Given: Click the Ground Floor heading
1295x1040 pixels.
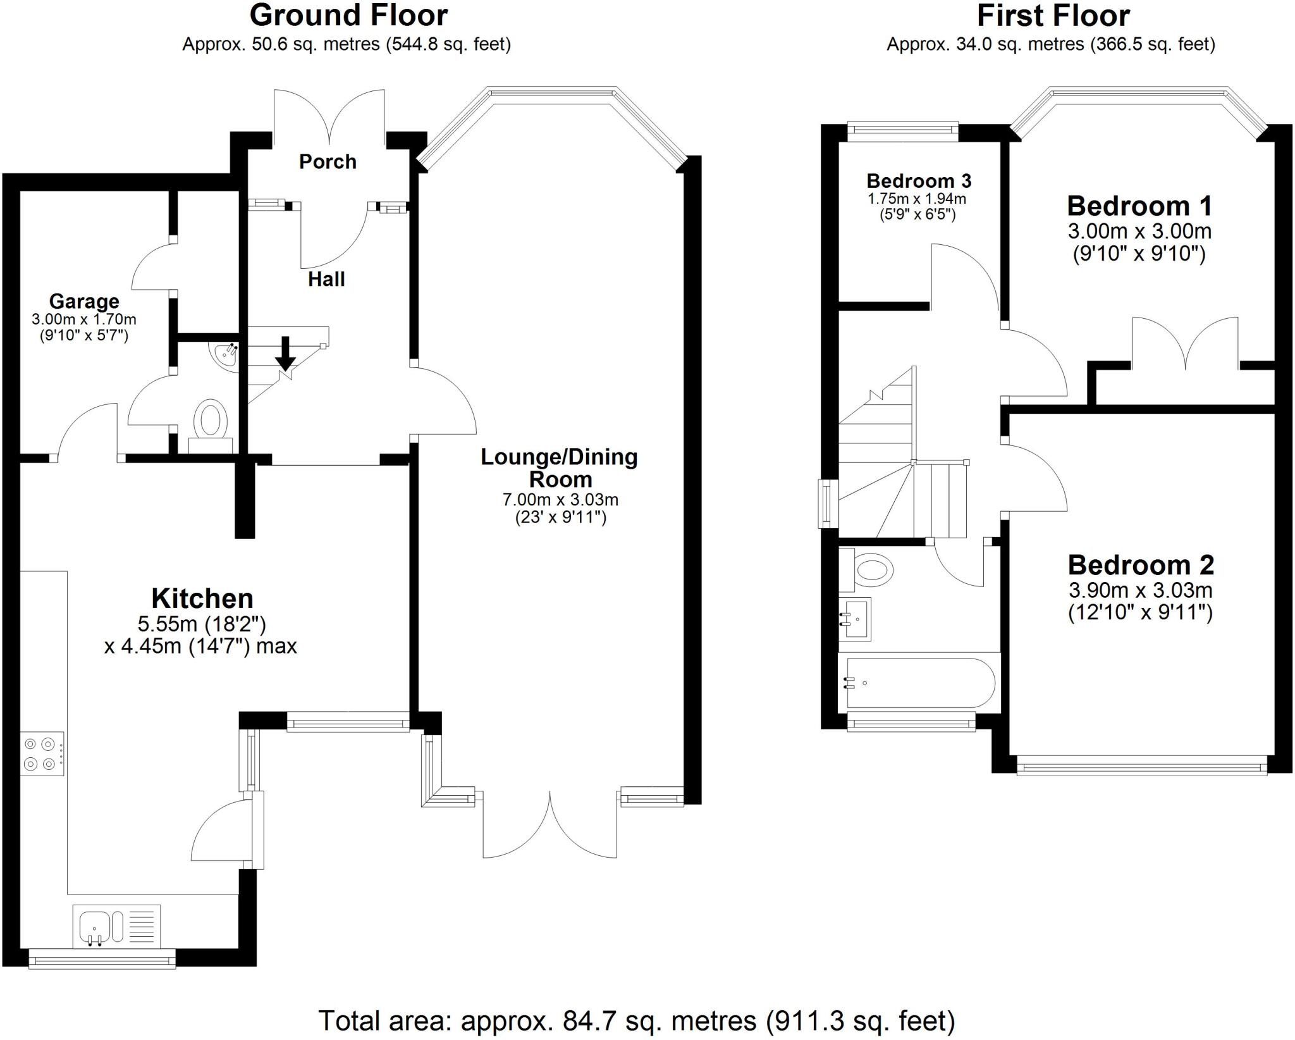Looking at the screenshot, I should click(348, 15).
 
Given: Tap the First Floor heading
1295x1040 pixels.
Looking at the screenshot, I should click(1053, 15).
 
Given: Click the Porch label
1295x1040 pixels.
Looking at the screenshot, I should click(328, 162).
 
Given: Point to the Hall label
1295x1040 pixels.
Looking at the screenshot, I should click(326, 279).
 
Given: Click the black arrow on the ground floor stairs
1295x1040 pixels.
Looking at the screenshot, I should click(285, 355).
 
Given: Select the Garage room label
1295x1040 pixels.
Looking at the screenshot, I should click(84, 301).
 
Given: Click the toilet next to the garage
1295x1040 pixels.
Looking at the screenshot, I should click(211, 421).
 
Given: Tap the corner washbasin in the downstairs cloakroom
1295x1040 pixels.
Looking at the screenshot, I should click(225, 355).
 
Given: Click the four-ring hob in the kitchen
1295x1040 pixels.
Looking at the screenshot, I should click(42, 753).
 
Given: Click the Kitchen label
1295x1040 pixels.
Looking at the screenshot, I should click(202, 598).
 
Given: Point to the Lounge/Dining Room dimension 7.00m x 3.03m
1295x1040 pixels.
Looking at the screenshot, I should click(560, 500).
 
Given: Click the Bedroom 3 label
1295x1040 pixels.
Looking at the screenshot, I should click(919, 181).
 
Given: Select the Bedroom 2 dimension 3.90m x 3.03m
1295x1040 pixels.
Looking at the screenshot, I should click(1140, 591).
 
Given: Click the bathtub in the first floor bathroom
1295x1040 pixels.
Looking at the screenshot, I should click(920, 683).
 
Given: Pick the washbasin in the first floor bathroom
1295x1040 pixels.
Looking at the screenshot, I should click(856, 619).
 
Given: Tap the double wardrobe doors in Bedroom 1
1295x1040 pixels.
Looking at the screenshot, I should click(1184, 345).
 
